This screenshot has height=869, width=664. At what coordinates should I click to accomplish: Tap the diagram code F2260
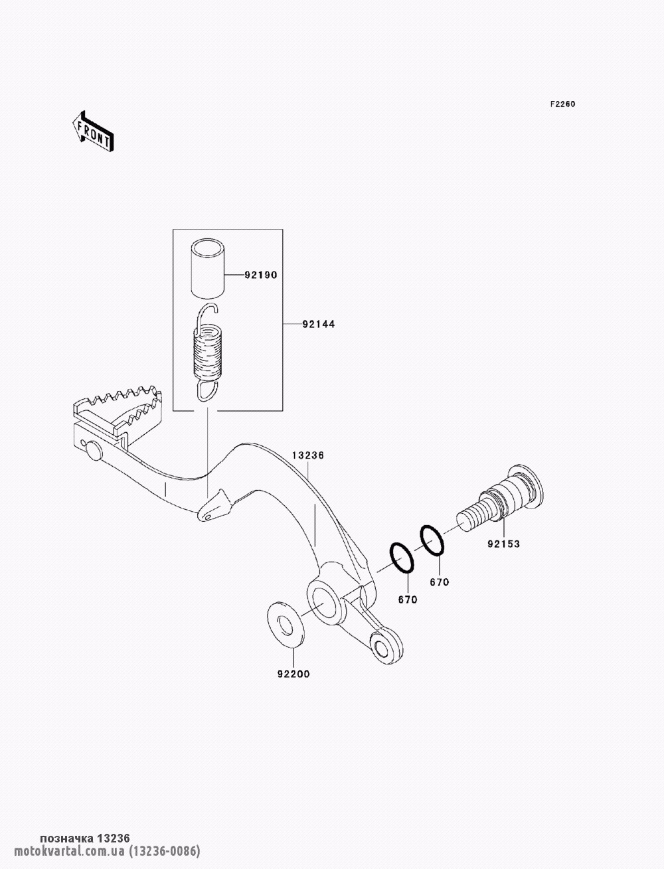click(562, 104)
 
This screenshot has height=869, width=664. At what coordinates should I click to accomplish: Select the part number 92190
click(260, 275)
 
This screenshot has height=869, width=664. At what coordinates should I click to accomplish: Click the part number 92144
click(319, 324)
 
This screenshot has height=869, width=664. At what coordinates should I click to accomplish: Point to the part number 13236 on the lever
click(308, 455)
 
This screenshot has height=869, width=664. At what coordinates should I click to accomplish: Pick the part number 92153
click(503, 544)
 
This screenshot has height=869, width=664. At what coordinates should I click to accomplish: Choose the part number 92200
click(293, 674)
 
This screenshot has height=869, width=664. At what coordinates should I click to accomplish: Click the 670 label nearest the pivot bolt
click(440, 582)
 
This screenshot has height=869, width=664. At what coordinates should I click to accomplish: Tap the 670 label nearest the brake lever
click(408, 599)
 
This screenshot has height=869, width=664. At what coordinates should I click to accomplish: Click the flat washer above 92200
click(286, 625)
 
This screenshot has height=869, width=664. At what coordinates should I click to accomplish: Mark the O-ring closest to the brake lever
click(402, 558)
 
